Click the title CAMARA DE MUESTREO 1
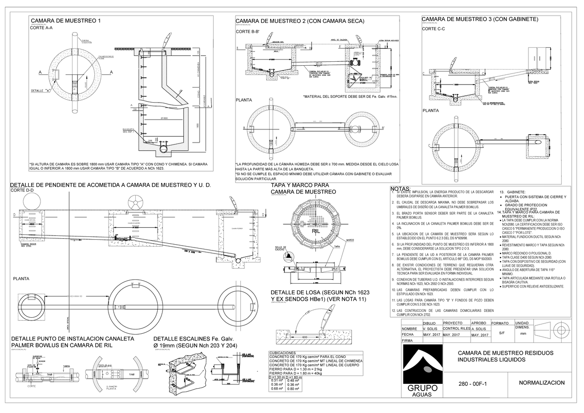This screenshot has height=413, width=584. (x=66, y=21)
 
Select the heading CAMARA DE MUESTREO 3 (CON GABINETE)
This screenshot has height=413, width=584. (x=479, y=19)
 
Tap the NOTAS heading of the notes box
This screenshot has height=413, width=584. (x=401, y=189)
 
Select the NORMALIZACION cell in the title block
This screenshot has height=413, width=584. (x=542, y=383)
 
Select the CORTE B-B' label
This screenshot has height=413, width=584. (x=248, y=32)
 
